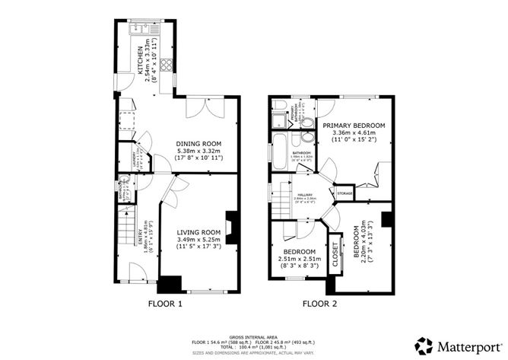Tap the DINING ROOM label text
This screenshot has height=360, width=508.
coord(198,143)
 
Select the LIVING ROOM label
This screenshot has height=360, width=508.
coord(198,232)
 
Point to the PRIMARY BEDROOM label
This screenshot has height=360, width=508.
coord(354,125)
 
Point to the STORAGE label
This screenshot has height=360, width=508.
coord(344,193)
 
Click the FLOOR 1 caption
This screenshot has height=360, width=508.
coord(165,303)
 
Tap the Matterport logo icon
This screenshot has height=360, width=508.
coord(423,342)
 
